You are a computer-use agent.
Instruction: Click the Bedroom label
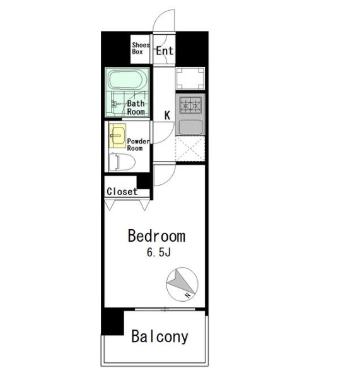pos(156,236)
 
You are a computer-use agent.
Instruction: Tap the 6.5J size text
pos(159,253)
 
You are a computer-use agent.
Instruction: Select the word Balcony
pos(160,336)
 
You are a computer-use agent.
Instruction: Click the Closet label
pos(122,191)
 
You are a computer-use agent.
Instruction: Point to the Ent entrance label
pos(165,51)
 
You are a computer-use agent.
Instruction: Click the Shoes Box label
pos(141,49)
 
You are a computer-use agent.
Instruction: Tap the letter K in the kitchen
pos(167,116)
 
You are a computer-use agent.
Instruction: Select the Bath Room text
pos(136,107)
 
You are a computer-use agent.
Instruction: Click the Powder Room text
pos(138,145)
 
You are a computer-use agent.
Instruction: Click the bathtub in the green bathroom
pos(127,80)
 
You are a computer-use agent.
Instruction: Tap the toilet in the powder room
pos(122,162)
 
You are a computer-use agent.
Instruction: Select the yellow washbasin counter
pos(117,136)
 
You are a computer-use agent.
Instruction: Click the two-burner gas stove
pos(190,105)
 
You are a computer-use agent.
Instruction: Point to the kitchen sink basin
pos(190,127)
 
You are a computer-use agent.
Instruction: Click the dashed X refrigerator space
pos(190,149)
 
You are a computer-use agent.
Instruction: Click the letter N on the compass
pos(188,295)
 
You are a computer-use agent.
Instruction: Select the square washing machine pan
pos(190,78)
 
